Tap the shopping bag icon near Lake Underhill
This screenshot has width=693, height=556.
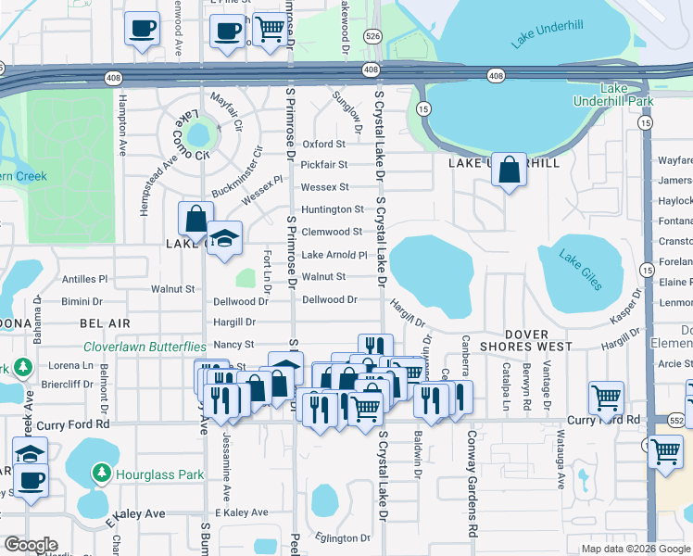[509, 171]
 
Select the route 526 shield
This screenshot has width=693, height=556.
[372, 35]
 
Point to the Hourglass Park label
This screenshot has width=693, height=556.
[159, 474]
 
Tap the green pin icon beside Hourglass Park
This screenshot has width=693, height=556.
[102, 474]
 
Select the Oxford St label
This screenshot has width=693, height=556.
[323, 145]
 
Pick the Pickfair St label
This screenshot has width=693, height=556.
[323, 165]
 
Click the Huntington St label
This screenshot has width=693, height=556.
[333, 209]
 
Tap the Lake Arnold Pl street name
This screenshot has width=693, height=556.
[334, 255]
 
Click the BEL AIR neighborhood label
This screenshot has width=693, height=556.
[105, 322]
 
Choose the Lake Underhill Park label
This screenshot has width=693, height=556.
[626, 94]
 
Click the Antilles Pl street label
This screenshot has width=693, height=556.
[84, 278]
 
